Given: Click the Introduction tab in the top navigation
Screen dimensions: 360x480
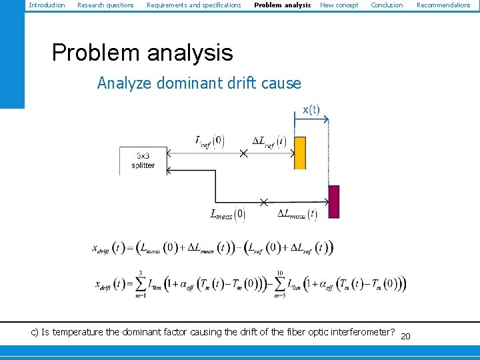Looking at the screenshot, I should coord(47,5).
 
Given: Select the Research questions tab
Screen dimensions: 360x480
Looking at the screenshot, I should coord(105,5).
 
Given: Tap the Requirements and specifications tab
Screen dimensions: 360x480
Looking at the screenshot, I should coord(193,5).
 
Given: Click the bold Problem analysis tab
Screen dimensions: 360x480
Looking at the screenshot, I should coord(282,5).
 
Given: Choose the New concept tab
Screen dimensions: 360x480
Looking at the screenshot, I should coord(339,5).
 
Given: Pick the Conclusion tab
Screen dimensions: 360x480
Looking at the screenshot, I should coord(387,5).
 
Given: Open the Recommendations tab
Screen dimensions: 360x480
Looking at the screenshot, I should coord(443,5).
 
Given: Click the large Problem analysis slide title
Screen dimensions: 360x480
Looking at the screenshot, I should coord(142,53).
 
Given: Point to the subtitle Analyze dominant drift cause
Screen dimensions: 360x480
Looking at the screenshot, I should coord(199,83).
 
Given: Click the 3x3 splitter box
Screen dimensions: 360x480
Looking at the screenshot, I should coord(143,161).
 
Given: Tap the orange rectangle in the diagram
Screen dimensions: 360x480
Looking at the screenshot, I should coord(300,153).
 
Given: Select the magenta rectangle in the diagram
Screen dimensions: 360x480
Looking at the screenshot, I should coord(334,201).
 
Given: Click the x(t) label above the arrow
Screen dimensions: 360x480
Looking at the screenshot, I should coord(311,109).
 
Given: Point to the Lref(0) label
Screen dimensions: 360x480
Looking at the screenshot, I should coord(209,141).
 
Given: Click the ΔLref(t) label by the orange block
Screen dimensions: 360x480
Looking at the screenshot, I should coord(269,141).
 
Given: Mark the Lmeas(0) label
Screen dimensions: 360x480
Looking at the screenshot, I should coord(228,215).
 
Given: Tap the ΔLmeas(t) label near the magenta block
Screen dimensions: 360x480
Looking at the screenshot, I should coord(297,215).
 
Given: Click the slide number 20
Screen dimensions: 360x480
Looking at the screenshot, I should coord(405,336).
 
